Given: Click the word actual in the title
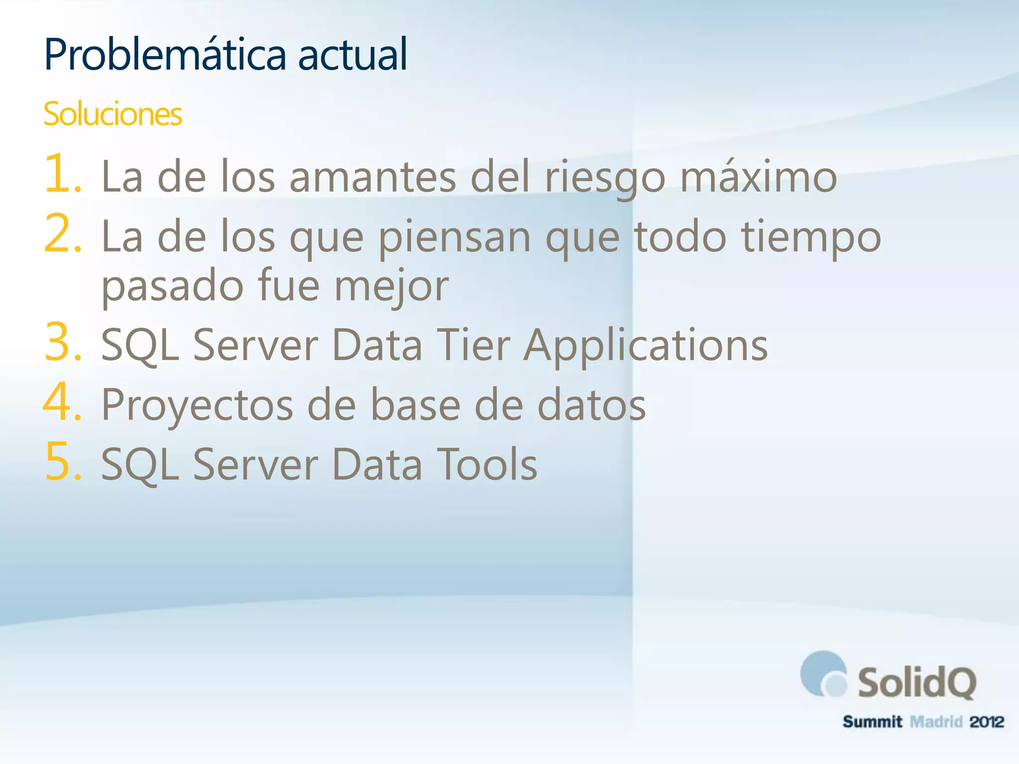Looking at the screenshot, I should click(x=352, y=55).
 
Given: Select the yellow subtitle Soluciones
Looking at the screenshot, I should click(x=112, y=114).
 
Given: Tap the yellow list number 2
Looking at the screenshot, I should click(x=62, y=233).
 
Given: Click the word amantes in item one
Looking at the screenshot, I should click(x=372, y=177).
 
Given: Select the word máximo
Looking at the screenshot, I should click(x=758, y=177).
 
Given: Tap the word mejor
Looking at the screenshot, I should click(x=391, y=287).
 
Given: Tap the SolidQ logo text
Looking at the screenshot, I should click(x=917, y=683).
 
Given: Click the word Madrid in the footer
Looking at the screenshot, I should click(x=936, y=722).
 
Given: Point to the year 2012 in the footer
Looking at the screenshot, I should click(x=986, y=722).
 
